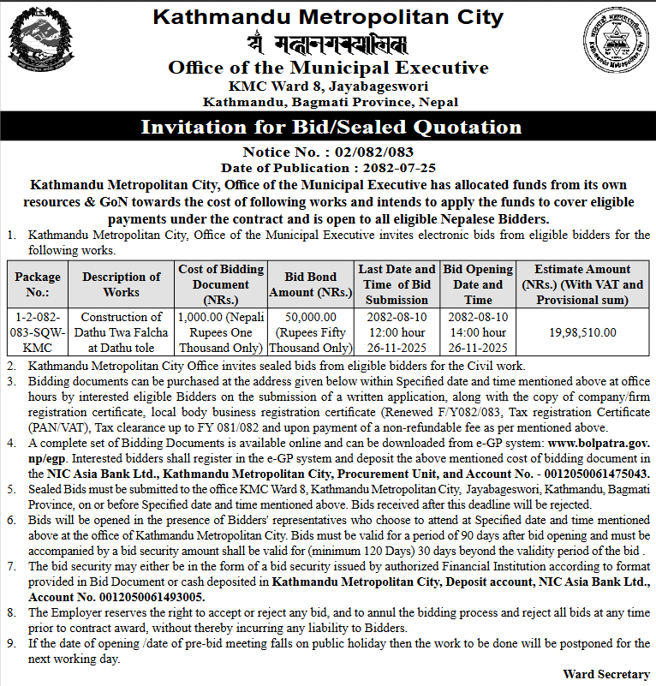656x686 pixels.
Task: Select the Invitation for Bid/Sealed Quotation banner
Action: pos(331,128)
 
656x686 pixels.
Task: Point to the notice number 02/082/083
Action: pos(359,152)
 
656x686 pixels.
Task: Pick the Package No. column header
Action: pos(38,284)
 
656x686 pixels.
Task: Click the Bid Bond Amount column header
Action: pos(311,284)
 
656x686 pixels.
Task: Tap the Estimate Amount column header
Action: pos(582,284)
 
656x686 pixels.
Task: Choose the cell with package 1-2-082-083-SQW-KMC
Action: pos(38,332)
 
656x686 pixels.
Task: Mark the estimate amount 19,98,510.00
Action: pos(582,332)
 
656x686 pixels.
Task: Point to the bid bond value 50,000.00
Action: pos(311,318)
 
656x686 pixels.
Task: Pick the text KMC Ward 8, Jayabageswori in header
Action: pos(328,86)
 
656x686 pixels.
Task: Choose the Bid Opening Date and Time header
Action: pos(478,284)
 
